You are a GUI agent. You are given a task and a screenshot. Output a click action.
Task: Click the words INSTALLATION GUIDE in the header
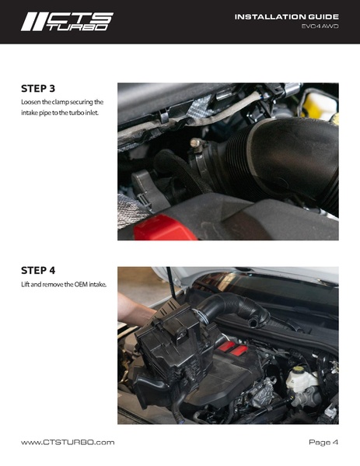pos(286,16)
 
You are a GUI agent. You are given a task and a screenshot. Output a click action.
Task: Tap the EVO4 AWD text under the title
pos(320,27)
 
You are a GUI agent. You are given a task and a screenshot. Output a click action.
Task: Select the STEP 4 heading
pos(38,271)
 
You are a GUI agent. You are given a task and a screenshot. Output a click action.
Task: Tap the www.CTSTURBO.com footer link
pos(68,443)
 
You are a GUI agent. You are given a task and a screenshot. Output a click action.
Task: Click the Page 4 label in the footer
pos(323,443)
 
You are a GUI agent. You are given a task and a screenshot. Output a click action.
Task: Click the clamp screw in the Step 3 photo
pos(194,145)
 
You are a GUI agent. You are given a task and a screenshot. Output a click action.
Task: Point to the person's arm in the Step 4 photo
pos(136,312)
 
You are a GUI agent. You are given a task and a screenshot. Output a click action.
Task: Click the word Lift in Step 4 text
pos(26,285)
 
